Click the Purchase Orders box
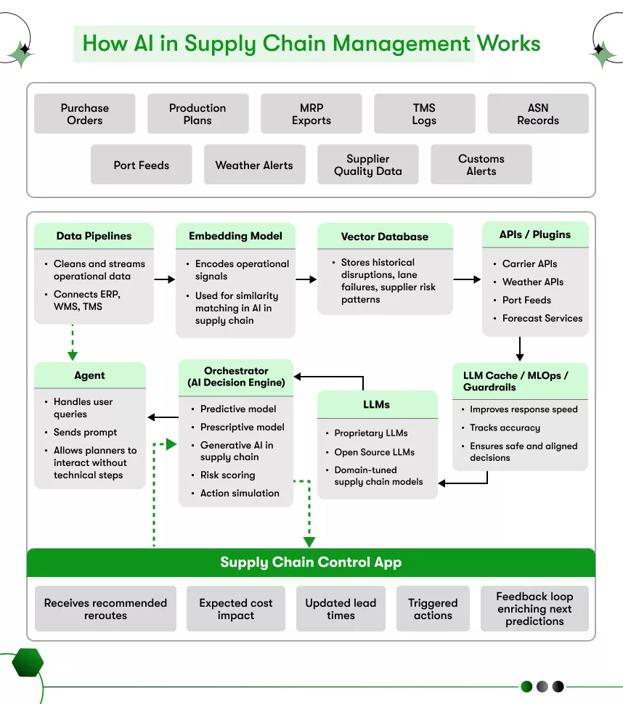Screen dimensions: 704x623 84,114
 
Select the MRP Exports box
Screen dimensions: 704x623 311,114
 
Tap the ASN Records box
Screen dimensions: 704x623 537,114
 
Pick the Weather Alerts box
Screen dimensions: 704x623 254,165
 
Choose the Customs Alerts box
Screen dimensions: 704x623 481,165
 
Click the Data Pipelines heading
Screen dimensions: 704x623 94,236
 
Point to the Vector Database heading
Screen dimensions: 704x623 384,237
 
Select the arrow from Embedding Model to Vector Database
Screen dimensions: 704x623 306,279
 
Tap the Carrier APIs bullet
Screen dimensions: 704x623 529,264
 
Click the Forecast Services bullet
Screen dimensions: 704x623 542,318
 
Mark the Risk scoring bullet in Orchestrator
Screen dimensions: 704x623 227,475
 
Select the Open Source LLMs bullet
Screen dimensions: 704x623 374,451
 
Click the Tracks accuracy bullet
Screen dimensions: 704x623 505,427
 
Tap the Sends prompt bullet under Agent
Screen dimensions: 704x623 85,432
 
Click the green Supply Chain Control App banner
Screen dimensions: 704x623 311,562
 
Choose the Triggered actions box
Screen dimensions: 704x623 433,609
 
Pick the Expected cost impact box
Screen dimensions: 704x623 235,609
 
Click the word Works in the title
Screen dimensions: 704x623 508,43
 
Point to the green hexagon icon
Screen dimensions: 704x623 28,663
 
